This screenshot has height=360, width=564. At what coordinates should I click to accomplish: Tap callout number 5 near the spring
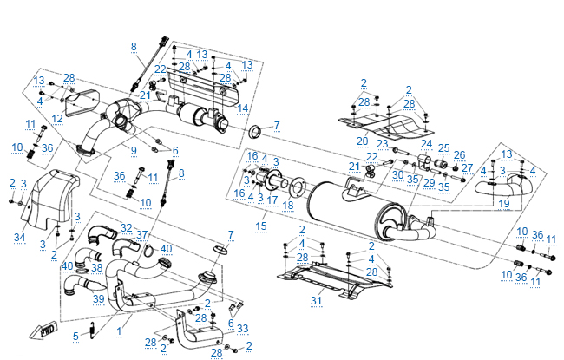[76, 337]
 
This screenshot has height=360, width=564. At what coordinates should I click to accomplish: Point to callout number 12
[56, 118]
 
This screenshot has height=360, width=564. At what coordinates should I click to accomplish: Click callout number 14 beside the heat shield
[243, 108]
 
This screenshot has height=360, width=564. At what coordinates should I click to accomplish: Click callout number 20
[363, 140]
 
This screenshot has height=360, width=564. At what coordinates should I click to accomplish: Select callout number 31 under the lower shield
[316, 301]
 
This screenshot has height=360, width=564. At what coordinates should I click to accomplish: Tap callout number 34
[20, 236]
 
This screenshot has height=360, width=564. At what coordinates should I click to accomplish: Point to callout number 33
[242, 328]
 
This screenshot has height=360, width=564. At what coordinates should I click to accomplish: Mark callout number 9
[134, 151]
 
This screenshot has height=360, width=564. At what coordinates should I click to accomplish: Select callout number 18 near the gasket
[287, 205]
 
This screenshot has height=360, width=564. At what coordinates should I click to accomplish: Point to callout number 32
[127, 228]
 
